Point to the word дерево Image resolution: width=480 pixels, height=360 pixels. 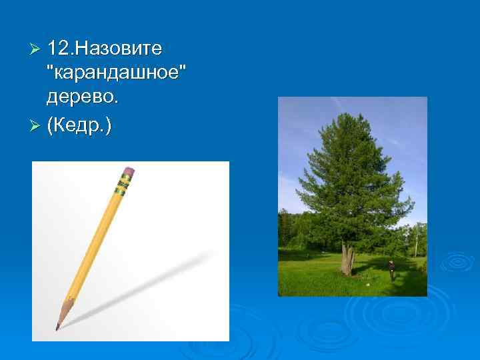(81, 97)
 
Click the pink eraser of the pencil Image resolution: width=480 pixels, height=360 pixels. (128, 173)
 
